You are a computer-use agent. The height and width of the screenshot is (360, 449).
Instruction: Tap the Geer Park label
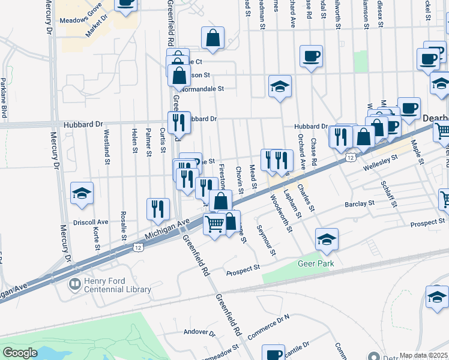(x=314, y=263)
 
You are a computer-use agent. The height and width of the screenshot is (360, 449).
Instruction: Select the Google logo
(x=20, y=353)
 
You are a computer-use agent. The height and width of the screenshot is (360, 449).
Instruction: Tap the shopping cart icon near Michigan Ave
(x=214, y=224)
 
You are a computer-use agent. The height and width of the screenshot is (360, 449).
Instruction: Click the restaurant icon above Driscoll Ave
(x=157, y=208)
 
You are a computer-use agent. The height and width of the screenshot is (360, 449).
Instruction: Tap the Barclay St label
(x=360, y=204)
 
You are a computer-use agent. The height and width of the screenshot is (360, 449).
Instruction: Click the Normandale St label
(x=202, y=88)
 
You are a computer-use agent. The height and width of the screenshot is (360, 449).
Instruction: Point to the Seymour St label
(x=265, y=240)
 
